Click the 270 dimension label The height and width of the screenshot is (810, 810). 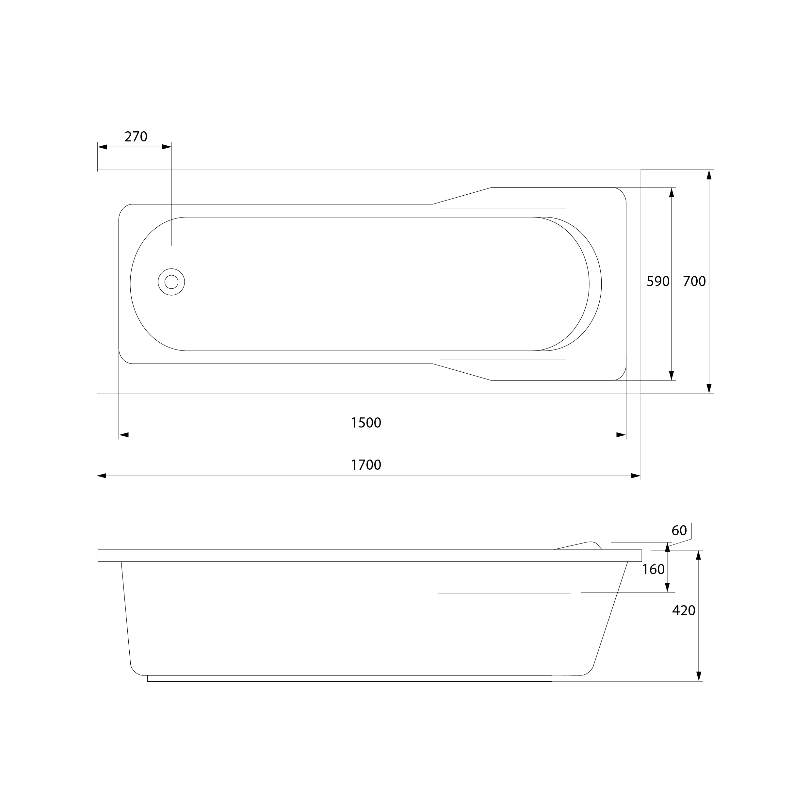[136, 137]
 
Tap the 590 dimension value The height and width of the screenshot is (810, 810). [658, 281]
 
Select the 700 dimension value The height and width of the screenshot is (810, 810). [694, 281]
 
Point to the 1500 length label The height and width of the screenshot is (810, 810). [366, 423]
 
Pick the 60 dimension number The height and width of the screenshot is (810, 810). [679, 531]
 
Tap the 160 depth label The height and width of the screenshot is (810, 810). [654, 569]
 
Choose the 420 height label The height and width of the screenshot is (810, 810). [684, 610]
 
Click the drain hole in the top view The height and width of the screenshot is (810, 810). [171, 282]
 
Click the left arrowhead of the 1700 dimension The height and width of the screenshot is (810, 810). [102, 476]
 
